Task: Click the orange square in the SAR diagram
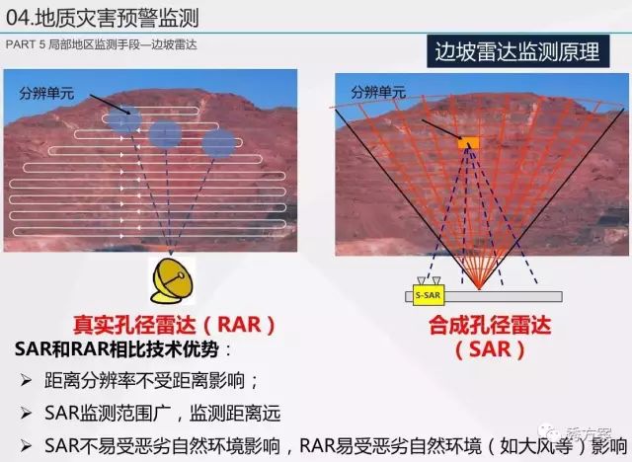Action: tap(467, 144)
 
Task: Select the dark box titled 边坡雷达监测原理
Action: tap(517, 52)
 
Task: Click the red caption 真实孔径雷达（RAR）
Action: tap(174, 324)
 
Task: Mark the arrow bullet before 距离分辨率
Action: tap(27, 380)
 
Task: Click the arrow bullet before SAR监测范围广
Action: tap(27, 412)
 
